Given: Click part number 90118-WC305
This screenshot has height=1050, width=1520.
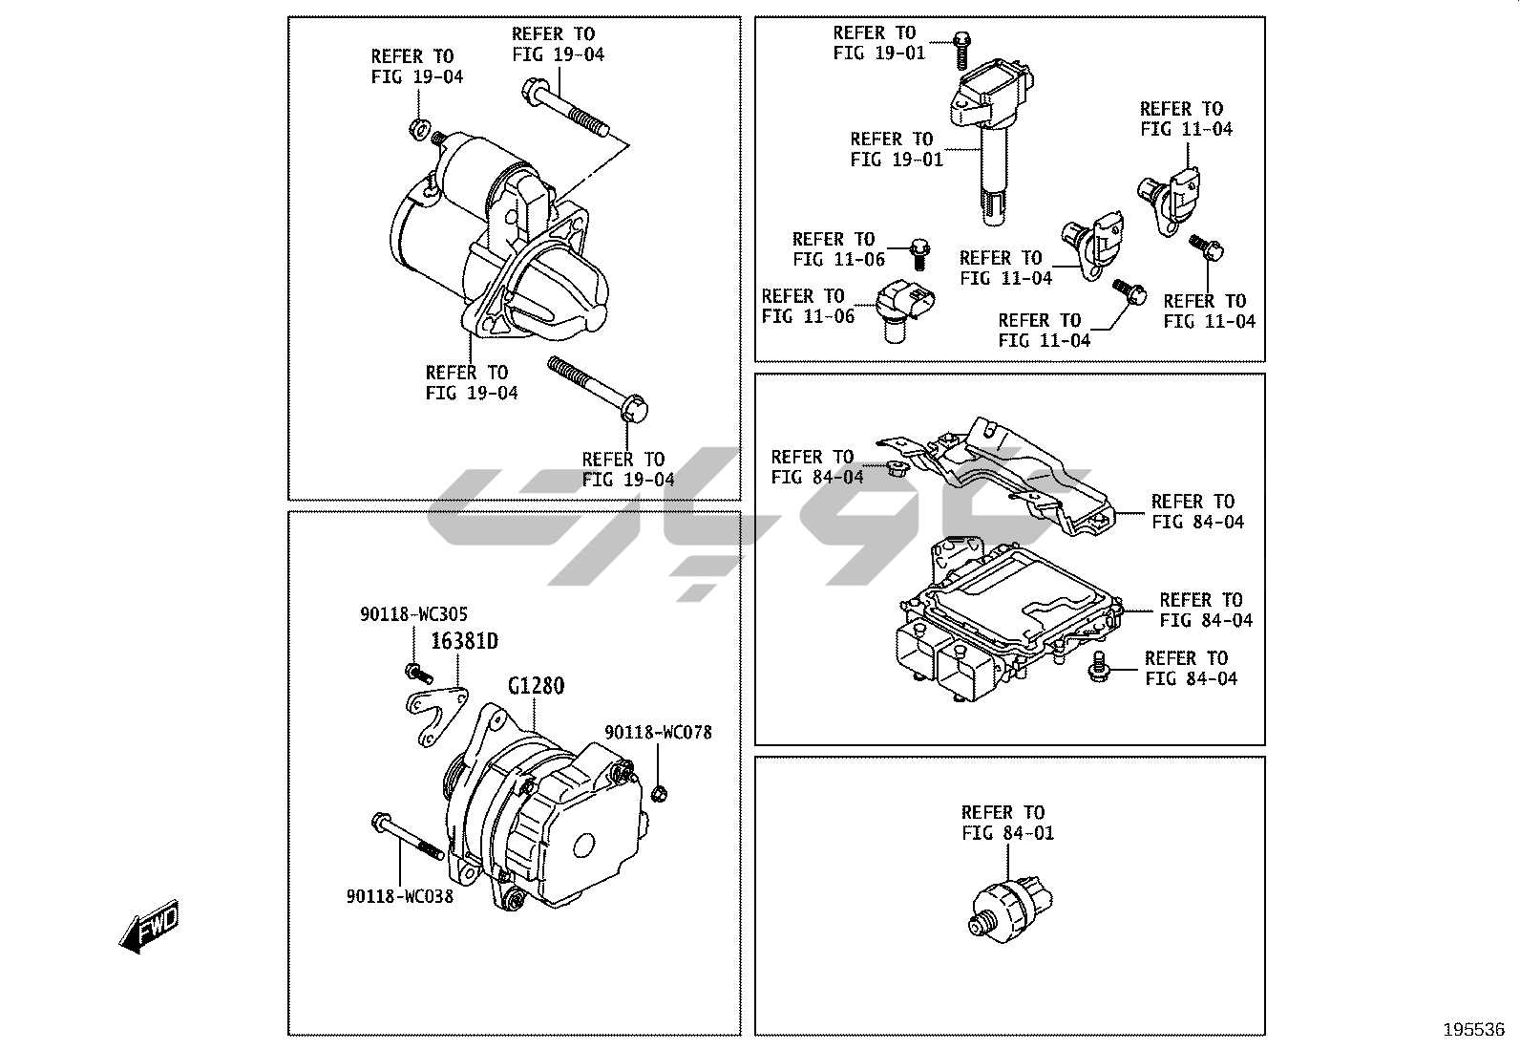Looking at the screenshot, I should coord(413,615).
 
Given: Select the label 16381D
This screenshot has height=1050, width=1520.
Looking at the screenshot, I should coord(464,641).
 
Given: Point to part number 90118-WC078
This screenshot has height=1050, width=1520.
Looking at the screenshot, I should coord(658,733).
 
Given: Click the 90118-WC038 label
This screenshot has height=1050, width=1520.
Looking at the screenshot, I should coord(399,896).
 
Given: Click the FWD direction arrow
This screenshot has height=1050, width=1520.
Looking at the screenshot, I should coord(149,926).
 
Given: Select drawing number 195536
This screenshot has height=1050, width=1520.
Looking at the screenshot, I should coord(1473,1030).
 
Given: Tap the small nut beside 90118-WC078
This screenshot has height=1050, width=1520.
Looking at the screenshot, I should coord(658,792).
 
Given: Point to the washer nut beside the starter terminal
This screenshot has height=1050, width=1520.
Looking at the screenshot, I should coord(417,127).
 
